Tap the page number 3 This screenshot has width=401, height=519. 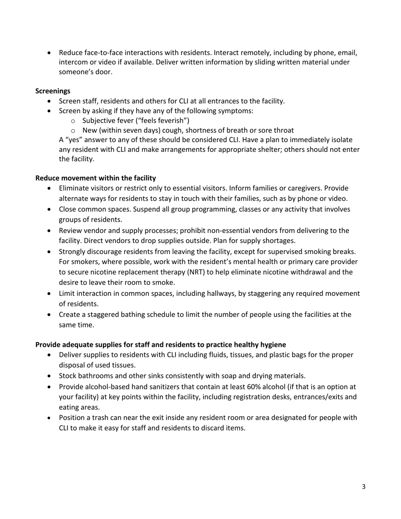tap(363, 487)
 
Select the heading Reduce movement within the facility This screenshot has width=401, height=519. tap(95, 178)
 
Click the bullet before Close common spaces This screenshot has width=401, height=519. tap(51, 210)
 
